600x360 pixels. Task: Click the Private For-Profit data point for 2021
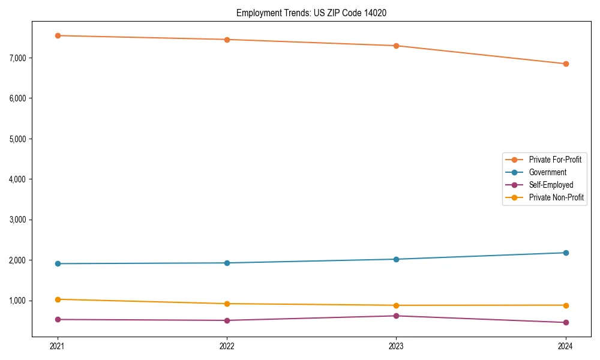coord(58,35)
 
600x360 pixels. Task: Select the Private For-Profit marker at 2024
coord(565,64)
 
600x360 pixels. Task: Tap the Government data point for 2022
coord(227,263)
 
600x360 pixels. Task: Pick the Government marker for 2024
coord(565,253)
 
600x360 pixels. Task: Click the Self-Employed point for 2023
coord(396,316)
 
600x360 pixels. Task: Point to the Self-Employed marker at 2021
coord(58,319)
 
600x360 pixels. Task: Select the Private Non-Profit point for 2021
coord(58,299)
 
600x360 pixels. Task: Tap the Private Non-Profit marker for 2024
coord(565,305)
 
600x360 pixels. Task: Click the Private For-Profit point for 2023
coord(396,46)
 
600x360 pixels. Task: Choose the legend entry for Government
coord(547,172)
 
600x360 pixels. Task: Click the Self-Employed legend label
coord(551,185)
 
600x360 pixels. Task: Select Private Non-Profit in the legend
coord(556,197)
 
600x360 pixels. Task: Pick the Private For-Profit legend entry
coord(554,160)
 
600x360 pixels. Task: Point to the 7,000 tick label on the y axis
coord(20,58)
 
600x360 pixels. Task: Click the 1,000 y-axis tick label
coord(20,301)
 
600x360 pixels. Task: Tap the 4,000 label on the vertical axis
coord(20,179)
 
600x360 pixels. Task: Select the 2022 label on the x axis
coord(227,346)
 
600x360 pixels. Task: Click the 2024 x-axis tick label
coord(565,346)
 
